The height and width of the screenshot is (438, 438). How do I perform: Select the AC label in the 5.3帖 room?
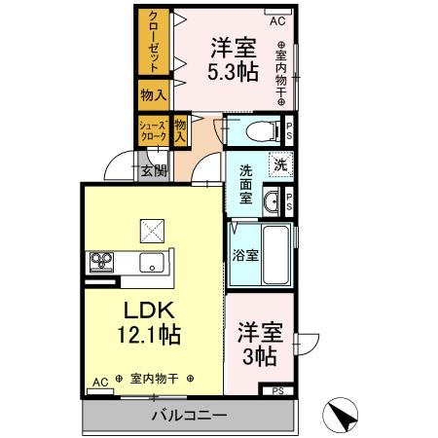tap(277, 19)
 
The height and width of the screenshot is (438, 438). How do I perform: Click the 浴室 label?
tap(244, 258)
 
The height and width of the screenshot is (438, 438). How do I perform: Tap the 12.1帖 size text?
tap(147, 335)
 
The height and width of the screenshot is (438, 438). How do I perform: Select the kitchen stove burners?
tap(103, 260)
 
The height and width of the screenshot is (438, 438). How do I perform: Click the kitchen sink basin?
tap(151, 261)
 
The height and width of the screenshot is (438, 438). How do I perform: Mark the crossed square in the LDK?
tap(153, 230)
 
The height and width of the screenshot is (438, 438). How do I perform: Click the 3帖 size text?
tap(258, 357)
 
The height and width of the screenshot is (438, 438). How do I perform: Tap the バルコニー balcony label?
tap(189, 416)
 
